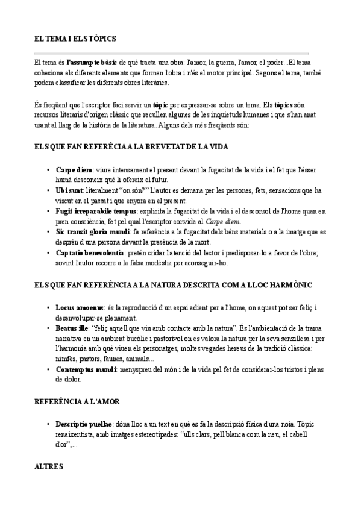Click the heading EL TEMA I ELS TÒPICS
coord(75,39)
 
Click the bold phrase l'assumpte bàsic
coord(92,62)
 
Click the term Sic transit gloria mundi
coord(93,231)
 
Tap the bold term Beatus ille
coord(72,328)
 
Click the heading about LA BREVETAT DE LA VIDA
coord(131,146)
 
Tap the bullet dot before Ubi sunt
coord(48,191)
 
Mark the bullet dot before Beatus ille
coord(48,328)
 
